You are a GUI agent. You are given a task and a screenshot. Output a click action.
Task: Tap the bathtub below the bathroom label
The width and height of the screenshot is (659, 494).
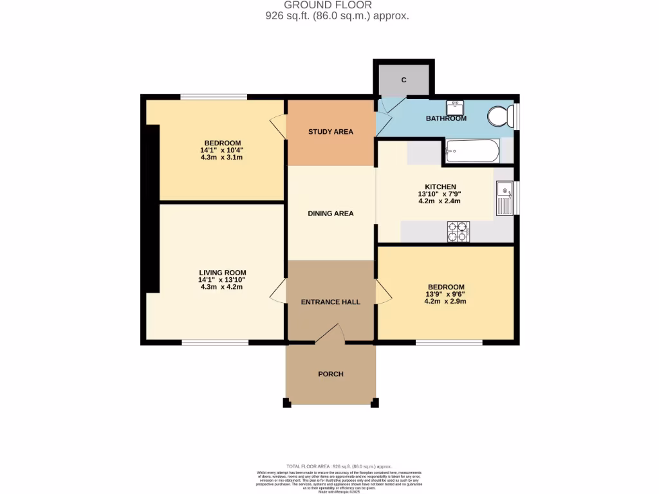tap(472, 151)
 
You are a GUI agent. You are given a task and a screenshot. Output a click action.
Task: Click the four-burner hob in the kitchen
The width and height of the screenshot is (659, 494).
tap(458, 232)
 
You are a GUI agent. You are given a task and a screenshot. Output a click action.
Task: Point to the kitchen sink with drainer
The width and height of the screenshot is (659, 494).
tap(504, 197)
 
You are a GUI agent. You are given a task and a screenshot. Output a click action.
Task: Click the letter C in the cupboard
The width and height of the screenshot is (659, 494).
tap(404, 80)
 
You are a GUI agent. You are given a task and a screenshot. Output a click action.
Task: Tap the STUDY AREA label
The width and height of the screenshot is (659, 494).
tap(331, 132)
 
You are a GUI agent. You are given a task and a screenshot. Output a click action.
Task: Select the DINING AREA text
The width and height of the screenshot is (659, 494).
tap(331, 214)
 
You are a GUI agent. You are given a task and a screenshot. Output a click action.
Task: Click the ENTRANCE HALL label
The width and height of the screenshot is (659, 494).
tap(331, 302)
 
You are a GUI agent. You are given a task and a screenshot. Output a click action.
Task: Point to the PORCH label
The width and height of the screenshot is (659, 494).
tap(331, 374)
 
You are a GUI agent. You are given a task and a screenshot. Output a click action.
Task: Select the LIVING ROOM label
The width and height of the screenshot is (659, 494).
tap(223, 273)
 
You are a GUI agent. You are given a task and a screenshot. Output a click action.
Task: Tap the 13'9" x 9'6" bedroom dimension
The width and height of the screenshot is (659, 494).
tap(445, 294)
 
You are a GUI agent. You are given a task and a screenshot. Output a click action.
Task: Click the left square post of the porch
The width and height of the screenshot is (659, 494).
tap(286, 403)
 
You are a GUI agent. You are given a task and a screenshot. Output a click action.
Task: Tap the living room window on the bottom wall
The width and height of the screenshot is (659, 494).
tap(215, 343)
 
